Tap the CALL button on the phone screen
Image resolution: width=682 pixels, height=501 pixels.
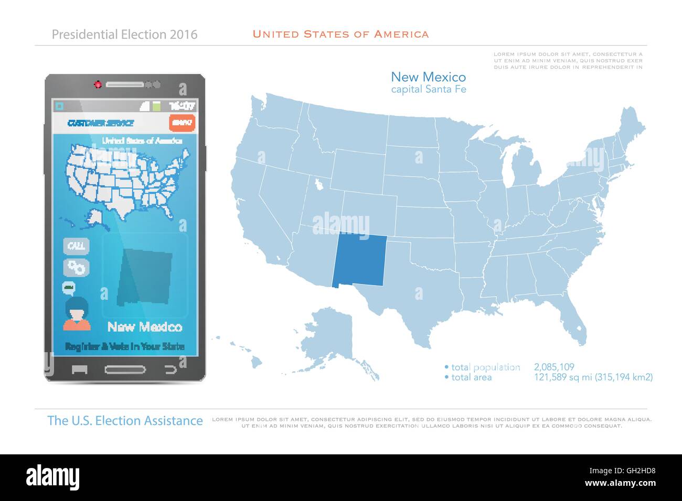click(x=77, y=246)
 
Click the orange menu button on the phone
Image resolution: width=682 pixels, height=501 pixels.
click(x=182, y=123)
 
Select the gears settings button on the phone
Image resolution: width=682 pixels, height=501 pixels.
click(x=77, y=267)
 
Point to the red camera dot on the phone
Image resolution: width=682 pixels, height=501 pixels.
click(x=98, y=84)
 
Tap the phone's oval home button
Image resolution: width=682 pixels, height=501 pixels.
click(x=125, y=369)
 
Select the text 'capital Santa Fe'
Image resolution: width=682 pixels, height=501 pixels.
click(x=429, y=90)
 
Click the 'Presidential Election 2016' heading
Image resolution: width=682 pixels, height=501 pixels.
click(x=125, y=35)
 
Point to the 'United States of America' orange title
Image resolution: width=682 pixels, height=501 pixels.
click(x=340, y=34)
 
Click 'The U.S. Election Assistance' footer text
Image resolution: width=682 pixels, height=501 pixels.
click(x=125, y=420)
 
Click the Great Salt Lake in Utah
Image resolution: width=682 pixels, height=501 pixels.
click(x=318, y=184)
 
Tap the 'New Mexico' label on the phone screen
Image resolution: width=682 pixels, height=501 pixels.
click(x=145, y=327)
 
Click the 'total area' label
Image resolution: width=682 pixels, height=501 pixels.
click(x=471, y=377)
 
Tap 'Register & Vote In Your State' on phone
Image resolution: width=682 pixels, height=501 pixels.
click(x=125, y=346)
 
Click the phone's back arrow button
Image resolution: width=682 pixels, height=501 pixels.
click(x=170, y=369)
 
